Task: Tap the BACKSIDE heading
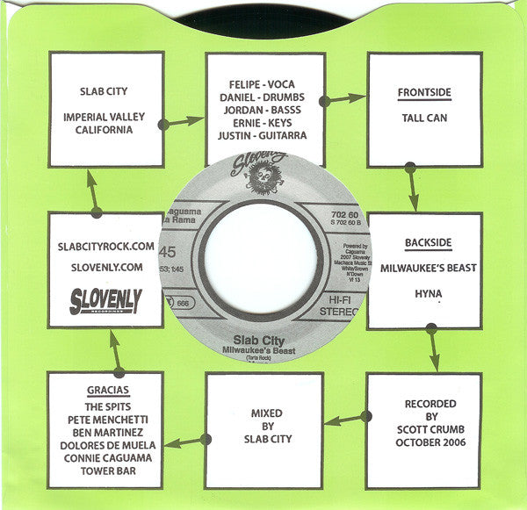point(424,241)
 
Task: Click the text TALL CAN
point(424,117)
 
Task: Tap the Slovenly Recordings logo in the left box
point(105,301)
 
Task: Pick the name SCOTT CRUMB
point(423,430)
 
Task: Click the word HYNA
point(424,298)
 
